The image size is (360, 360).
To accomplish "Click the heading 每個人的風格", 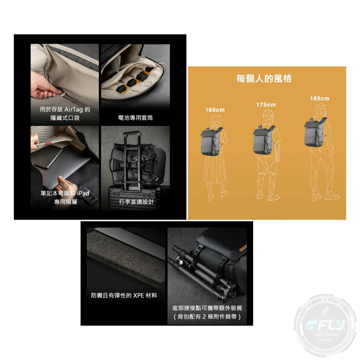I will tap(264, 79).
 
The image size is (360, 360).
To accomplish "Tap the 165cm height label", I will tap(215, 110).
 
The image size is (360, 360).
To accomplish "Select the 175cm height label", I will tap(266, 105).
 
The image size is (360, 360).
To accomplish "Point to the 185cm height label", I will tap(320, 99).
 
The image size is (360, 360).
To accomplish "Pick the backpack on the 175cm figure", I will tap(264, 139).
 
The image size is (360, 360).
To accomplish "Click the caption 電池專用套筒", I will tap(135, 118).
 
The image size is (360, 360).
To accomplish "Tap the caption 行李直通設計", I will tap(136, 202).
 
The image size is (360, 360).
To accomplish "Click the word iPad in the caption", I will tap(83, 193).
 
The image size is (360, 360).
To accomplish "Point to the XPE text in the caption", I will tap(138, 295).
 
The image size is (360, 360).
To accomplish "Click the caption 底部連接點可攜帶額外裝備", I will tap(207, 308).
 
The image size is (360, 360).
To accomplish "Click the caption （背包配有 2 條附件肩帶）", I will tap(207, 317).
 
